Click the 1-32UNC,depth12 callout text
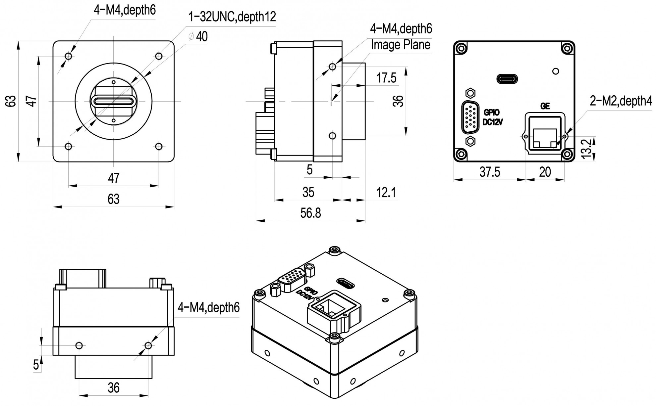[232, 17]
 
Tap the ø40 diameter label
[198, 36]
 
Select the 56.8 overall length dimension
[310, 213]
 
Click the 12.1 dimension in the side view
[386, 193]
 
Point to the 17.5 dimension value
[386, 78]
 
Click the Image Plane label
[400, 45]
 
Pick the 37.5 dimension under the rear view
[490, 172]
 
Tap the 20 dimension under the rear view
[545, 172]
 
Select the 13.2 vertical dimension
[586, 149]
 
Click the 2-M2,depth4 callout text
[621, 101]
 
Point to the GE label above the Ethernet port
[545, 106]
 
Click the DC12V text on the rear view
[493, 122]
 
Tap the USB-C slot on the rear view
[507, 79]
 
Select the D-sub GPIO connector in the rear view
[470, 117]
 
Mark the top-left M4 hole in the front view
[69, 56]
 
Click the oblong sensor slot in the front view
[114, 101]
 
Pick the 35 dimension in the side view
[308, 193]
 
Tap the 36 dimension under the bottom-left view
[113, 388]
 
